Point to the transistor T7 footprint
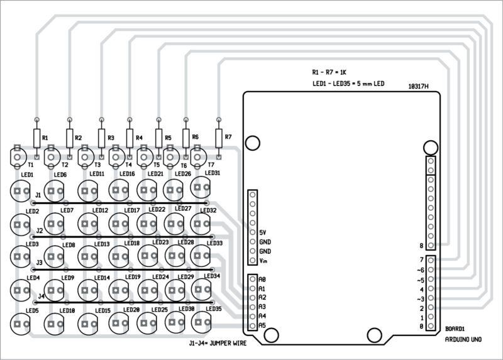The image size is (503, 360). [x=200, y=155]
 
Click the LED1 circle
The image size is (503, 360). [x=20, y=189]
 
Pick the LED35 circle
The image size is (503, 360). [x=201, y=322]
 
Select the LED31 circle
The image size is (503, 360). [x=201, y=185]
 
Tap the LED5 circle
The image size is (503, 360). [x=20, y=323]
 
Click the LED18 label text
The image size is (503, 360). [x=132, y=243]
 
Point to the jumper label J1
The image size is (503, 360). [x=38, y=195]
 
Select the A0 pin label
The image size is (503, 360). [x=263, y=279]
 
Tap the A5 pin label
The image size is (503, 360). [x=263, y=325]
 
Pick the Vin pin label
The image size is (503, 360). [x=264, y=260]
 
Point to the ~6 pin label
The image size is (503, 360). [x=420, y=270]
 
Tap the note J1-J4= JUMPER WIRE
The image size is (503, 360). [x=218, y=344]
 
